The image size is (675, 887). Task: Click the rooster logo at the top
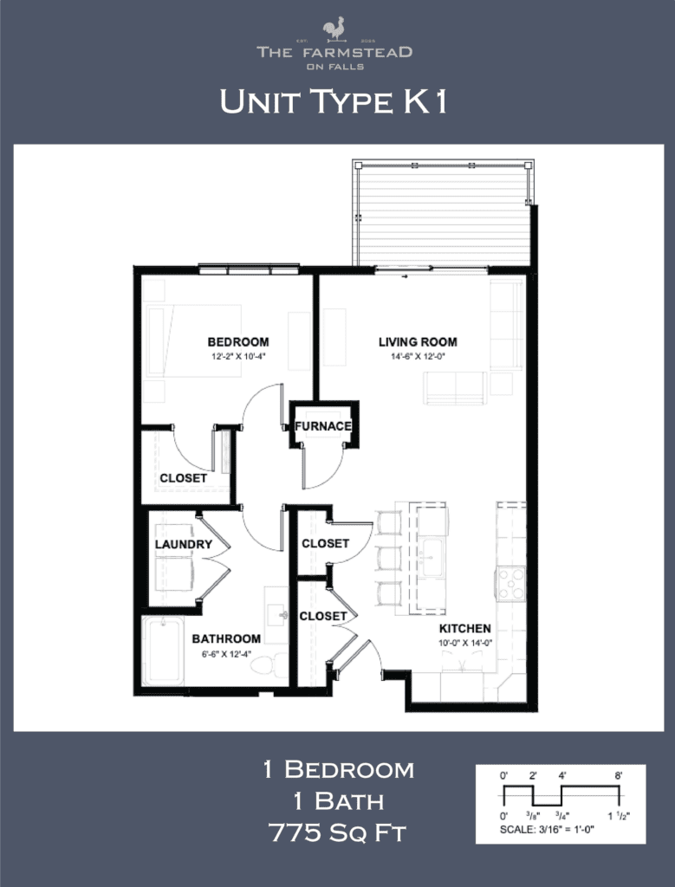334,29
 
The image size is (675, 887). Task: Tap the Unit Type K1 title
334,102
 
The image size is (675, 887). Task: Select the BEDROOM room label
238,342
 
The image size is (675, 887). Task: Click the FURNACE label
323,426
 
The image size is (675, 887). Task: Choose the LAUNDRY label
183,545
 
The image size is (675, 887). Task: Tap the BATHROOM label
226,639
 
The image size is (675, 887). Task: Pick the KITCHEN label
465,629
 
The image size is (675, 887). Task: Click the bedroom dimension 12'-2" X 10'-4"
237,356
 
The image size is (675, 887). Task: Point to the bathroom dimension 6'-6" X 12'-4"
226,653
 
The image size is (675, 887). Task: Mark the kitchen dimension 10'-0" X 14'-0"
465,644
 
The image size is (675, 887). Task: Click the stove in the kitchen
510,583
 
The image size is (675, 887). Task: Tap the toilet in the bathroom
279,664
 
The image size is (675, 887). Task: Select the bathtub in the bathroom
163,651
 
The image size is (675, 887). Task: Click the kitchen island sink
431,559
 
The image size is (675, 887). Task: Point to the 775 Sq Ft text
338,834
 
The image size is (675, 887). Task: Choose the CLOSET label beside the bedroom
183,478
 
